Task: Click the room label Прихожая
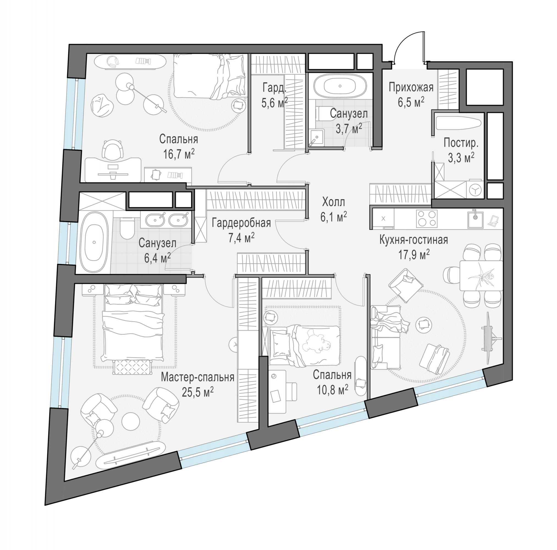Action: click(x=411, y=87)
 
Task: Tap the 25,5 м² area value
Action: click(x=198, y=392)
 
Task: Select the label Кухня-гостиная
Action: click(x=414, y=240)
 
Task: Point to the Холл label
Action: click(x=333, y=202)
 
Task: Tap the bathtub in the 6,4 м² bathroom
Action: click(x=94, y=242)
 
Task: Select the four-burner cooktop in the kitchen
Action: click(x=427, y=218)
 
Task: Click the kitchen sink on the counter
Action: click(x=475, y=219)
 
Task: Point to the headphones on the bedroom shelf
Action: click(x=112, y=61)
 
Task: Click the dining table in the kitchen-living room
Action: click(x=481, y=276)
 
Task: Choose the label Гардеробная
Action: click(x=241, y=223)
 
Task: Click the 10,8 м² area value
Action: click(x=332, y=390)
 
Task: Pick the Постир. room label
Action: click(x=461, y=142)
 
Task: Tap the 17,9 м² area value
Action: click(x=414, y=255)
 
